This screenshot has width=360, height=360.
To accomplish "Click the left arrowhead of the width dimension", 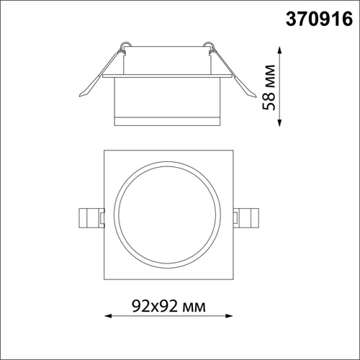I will [108, 316].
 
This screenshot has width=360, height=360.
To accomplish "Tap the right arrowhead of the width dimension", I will [233, 316].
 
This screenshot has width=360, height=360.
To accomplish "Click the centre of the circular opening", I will [170, 218].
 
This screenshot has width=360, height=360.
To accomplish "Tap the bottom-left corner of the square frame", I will [104, 284].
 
